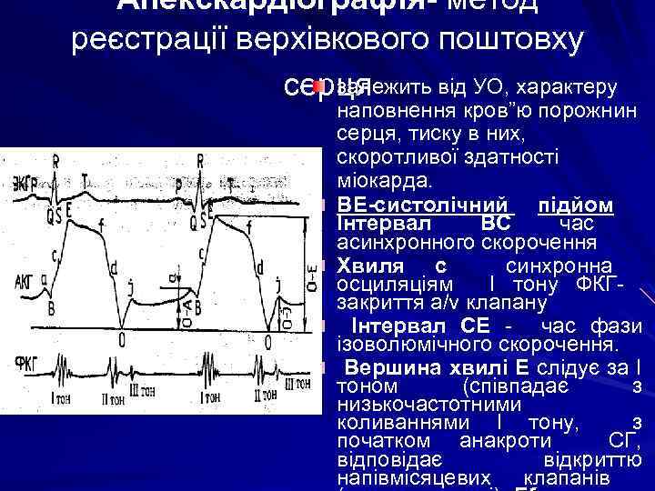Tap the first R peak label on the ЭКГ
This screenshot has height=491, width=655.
point(55,161)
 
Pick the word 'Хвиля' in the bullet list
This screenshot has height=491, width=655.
point(368,266)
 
